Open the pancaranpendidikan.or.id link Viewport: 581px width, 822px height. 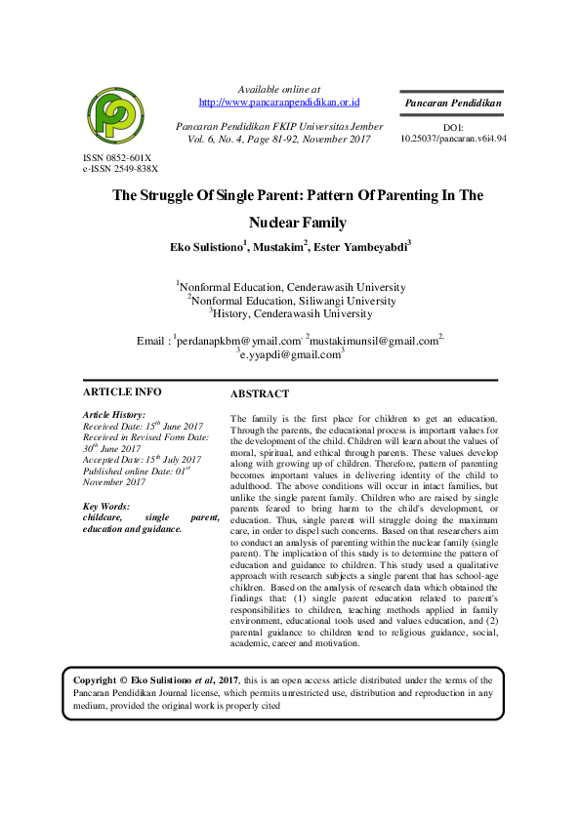click(x=279, y=102)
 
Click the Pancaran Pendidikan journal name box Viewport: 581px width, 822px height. click(x=452, y=103)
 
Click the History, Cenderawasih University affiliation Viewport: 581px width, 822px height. click(x=291, y=314)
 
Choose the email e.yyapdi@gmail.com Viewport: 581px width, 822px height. click(x=290, y=355)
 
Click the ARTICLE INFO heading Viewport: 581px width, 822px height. click(x=122, y=391)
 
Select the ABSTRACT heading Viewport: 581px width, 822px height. click(x=259, y=394)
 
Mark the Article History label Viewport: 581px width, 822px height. click(x=114, y=415)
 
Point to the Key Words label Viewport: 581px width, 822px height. click(x=106, y=507)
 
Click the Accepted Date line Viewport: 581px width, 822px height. click(x=142, y=460)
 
